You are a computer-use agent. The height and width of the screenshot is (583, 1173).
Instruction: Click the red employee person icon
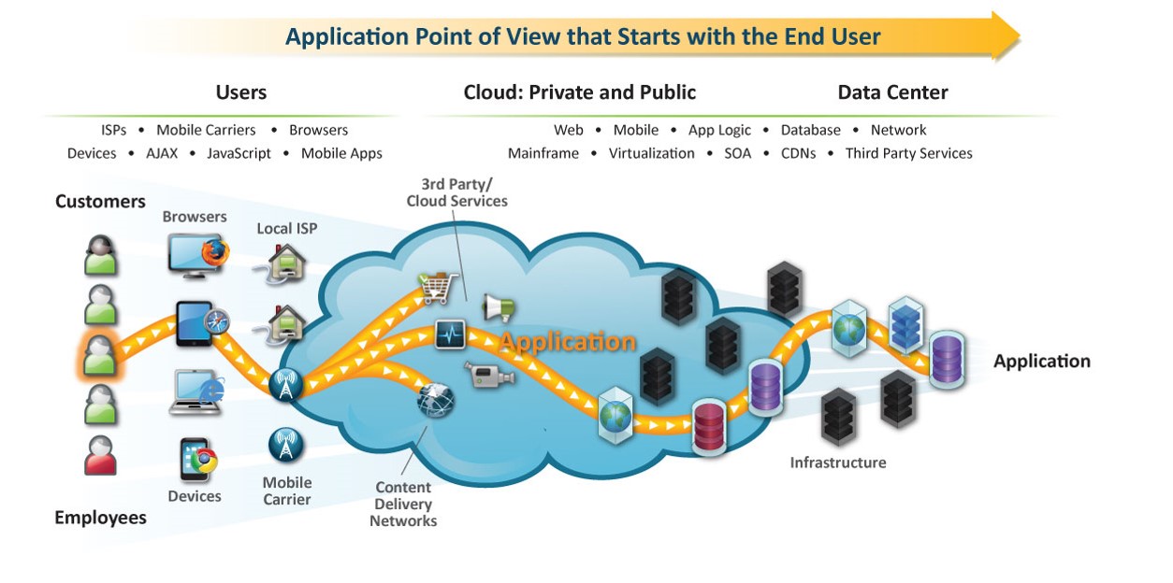100,456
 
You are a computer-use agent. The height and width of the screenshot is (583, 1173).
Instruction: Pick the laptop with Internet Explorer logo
197,391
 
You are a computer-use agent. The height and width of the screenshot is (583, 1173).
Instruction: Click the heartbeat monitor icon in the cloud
450,334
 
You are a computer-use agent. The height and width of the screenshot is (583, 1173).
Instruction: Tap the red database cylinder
709,425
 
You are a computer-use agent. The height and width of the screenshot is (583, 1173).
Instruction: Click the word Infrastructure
837,462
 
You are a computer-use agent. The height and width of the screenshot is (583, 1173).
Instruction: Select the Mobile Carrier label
287,491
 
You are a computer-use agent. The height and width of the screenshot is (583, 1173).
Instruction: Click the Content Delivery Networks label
403,504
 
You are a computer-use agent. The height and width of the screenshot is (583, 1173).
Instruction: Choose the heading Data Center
892,92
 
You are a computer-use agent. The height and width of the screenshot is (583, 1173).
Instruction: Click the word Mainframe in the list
543,153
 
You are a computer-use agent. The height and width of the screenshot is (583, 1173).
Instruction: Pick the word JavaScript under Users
239,153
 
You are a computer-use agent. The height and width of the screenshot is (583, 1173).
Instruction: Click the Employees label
100,518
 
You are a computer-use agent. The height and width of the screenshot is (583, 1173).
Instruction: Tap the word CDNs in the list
798,153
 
